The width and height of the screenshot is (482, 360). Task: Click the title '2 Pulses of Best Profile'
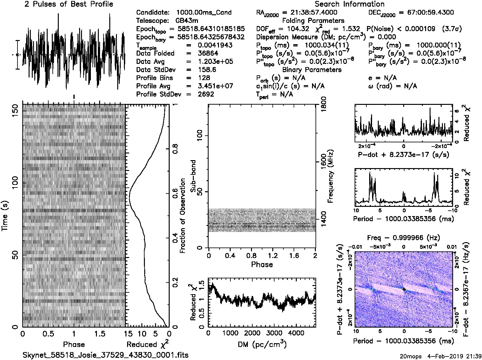[x=69, y=4]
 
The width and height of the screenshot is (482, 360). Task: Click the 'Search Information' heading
[x=349, y=4]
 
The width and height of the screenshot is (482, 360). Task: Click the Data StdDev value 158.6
[x=207, y=70]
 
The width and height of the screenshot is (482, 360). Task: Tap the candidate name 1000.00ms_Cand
[x=204, y=12]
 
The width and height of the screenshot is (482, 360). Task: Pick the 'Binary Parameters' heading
[x=312, y=70]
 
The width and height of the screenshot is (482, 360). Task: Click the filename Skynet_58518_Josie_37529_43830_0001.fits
[x=105, y=355]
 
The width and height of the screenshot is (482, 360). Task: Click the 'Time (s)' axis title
[x=5, y=216]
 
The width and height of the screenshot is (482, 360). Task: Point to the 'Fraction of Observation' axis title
[x=182, y=216]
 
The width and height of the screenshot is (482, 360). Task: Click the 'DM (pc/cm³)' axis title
[x=262, y=344]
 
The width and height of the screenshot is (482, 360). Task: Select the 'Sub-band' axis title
[x=193, y=176]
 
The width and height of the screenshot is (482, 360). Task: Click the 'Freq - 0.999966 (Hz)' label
[x=403, y=238]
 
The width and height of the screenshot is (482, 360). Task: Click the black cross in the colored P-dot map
[x=404, y=289]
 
